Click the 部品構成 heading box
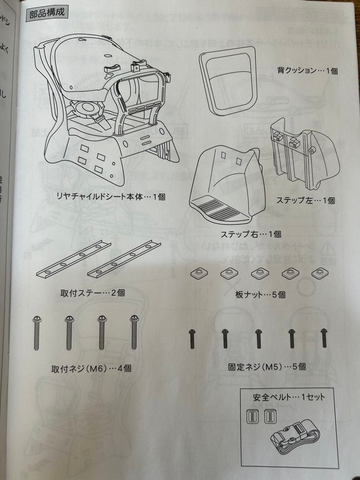[x=46, y=12]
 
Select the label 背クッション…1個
[x=307, y=70]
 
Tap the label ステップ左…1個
[x=305, y=200]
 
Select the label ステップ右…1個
[x=251, y=234]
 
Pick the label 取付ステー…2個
[x=92, y=293]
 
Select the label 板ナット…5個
[x=260, y=294]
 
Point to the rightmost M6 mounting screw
[x=134, y=333]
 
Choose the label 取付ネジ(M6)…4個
[x=91, y=368]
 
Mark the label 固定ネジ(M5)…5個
[x=267, y=367]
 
